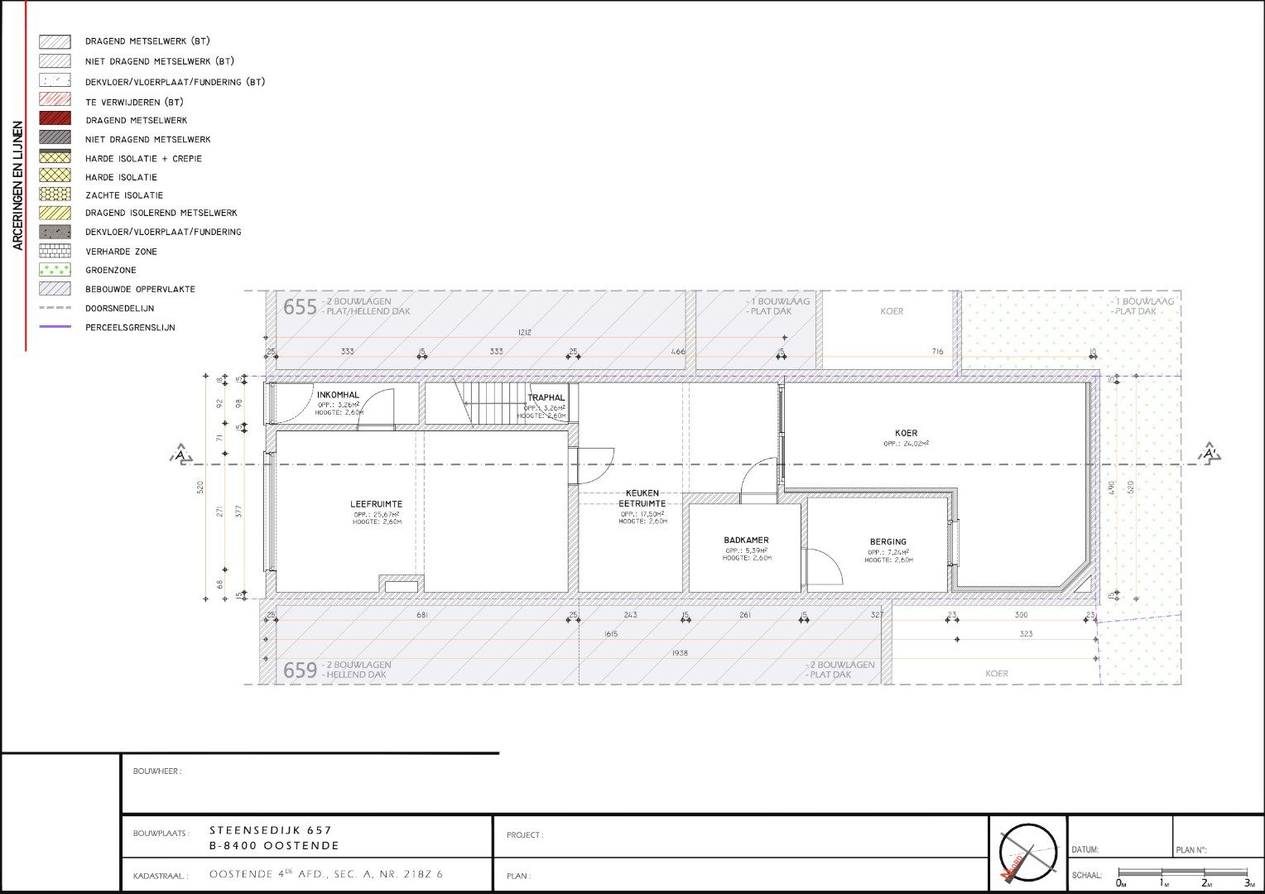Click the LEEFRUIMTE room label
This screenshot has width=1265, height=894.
(x=376, y=504)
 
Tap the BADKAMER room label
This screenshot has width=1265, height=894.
(x=746, y=541)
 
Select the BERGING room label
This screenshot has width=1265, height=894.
(x=887, y=542)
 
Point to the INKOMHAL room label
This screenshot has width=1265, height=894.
(x=338, y=396)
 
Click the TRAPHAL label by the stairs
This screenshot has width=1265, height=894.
(x=546, y=398)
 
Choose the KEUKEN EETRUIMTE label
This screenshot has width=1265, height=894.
(x=642, y=498)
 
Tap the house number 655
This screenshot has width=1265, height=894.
(x=300, y=307)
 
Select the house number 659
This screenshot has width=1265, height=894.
(x=300, y=670)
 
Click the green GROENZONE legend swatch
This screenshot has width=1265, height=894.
(x=55, y=270)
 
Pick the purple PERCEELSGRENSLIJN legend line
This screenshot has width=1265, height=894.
(x=55, y=327)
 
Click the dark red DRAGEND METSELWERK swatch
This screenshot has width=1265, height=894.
(x=55, y=120)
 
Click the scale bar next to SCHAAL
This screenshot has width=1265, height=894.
(x=1182, y=872)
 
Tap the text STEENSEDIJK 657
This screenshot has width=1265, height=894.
(x=271, y=830)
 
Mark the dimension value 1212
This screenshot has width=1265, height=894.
(x=524, y=332)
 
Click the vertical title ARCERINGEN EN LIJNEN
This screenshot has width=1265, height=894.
(x=17, y=186)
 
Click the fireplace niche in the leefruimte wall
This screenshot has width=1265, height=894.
(x=402, y=586)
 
